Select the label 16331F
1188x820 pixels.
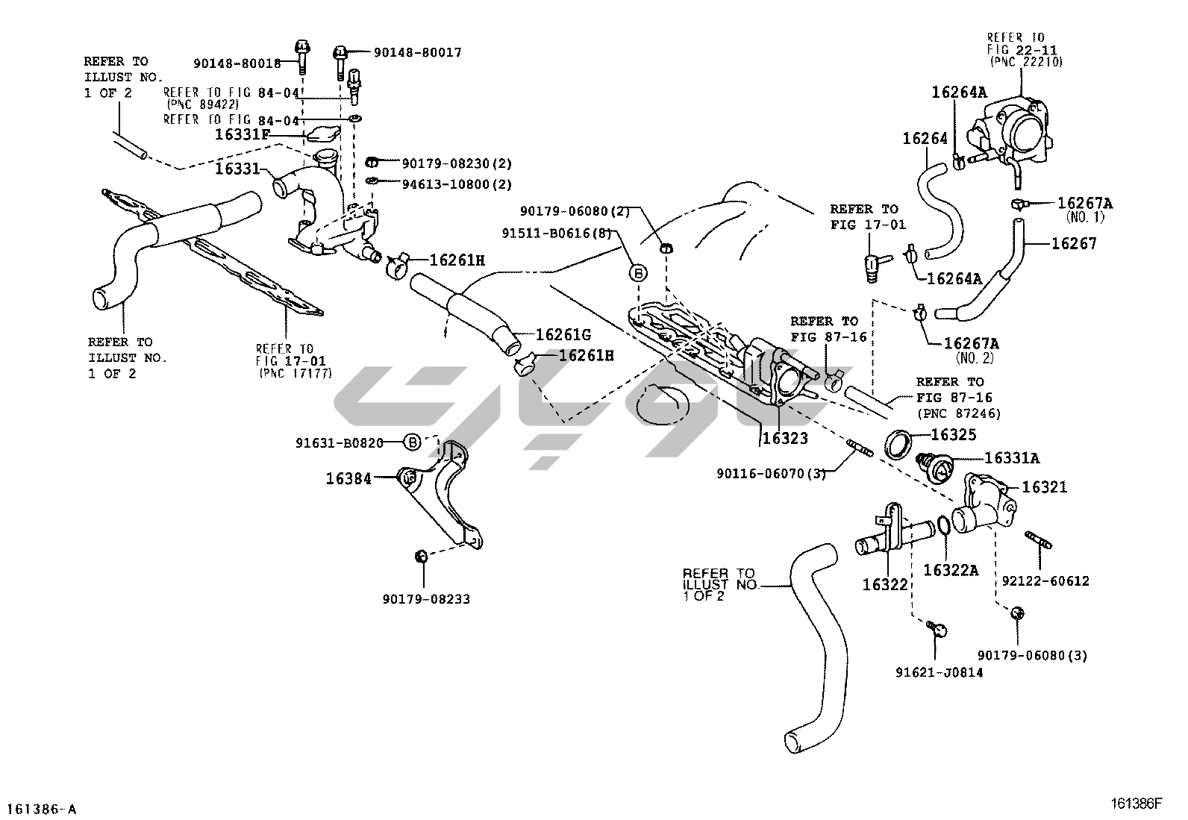pyautogui.click(x=243, y=135)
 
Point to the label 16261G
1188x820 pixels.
pyautogui.click(x=563, y=335)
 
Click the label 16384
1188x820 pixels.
pyautogui.click(x=348, y=478)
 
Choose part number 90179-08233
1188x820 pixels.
pyautogui.click(x=426, y=598)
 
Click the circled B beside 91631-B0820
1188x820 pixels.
pyautogui.click(x=413, y=442)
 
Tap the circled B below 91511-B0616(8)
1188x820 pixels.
pyautogui.click(x=639, y=273)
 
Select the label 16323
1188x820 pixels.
pyautogui.click(x=784, y=439)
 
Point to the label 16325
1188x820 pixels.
pyautogui.click(x=953, y=434)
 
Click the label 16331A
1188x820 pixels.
pyautogui.click(x=1012, y=457)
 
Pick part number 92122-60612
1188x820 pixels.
pyautogui.click(x=1045, y=580)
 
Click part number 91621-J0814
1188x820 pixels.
pyautogui.click(x=939, y=672)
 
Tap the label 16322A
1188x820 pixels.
pyautogui.click(x=951, y=570)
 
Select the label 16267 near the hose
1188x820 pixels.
pyautogui.click(x=1074, y=243)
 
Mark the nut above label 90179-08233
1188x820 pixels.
pyautogui.click(x=420, y=555)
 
